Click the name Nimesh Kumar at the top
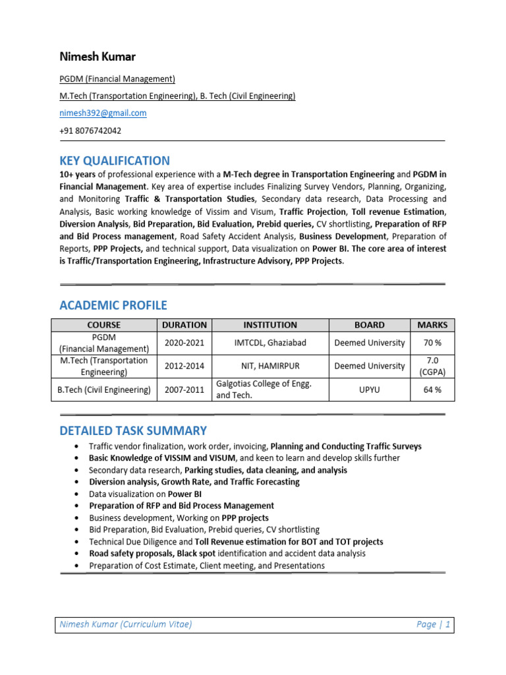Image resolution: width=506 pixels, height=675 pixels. click(97, 57)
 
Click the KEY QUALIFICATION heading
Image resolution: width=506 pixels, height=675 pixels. click(115, 161)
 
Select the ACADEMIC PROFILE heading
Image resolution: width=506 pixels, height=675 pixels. click(113, 305)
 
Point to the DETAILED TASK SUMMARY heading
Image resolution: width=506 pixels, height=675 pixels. click(133, 431)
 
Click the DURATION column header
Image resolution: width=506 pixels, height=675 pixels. click(184, 325)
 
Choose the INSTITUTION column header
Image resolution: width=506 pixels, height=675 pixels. click(270, 325)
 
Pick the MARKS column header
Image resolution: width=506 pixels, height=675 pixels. click(432, 325)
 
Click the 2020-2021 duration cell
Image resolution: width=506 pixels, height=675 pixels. click(184, 343)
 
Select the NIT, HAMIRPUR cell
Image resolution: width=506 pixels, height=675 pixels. click(270, 366)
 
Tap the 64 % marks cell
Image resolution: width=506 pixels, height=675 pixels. click(432, 390)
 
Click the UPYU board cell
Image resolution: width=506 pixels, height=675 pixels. click(369, 390)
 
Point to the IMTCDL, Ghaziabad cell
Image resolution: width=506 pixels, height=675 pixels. click(270, 343)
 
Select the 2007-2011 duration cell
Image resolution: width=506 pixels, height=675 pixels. click(184, 390)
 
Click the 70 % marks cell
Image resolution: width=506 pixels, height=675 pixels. click(432, 343)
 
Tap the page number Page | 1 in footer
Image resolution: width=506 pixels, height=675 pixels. click(433, 625)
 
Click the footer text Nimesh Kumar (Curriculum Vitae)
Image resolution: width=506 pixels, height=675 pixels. click(126, 625)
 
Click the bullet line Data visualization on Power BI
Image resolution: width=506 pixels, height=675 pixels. click(145, 494)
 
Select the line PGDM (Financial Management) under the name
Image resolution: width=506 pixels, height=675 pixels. click(117, 79)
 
